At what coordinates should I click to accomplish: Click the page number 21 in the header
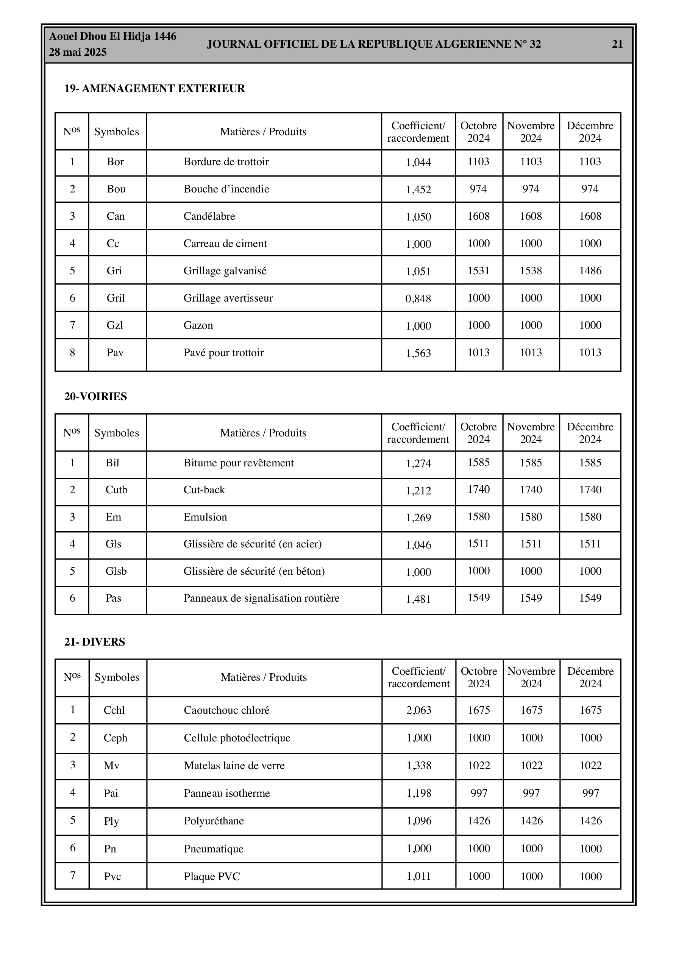617,44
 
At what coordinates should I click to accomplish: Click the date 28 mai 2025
78,52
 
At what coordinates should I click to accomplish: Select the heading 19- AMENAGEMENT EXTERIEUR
155,88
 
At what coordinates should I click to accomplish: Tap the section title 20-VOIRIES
95,396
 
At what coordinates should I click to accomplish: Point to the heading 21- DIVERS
95,642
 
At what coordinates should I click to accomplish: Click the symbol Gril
116,298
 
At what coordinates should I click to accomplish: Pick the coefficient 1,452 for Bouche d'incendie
418,190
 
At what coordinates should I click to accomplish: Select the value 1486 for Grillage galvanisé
590,271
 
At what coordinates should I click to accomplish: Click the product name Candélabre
209,216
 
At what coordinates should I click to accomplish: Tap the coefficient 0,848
418,299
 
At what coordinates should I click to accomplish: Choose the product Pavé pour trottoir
223,353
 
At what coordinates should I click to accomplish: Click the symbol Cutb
116,490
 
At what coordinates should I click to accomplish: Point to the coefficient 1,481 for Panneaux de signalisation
418,599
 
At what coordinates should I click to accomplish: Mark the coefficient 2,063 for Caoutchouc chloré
418,710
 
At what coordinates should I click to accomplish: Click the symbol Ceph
116,738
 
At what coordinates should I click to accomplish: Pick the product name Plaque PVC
212,877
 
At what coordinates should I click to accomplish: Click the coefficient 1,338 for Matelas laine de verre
418,766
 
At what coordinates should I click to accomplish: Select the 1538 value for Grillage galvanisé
531,271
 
